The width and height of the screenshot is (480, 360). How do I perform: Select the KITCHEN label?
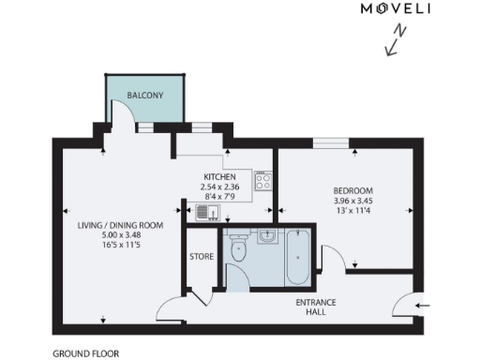pos(221,176)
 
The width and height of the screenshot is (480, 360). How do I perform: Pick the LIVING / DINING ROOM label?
pos(121,225)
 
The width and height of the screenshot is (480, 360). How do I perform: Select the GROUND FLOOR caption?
pos(85,354)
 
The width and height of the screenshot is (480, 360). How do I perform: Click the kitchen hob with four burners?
pos(263,179)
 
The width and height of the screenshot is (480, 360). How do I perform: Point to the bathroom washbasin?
pos(268,235)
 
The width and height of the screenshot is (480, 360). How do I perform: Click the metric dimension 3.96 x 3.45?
pos(352,200)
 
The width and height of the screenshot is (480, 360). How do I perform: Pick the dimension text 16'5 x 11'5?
pos(121,247)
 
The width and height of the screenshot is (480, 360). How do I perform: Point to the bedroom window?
pos(330,143)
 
